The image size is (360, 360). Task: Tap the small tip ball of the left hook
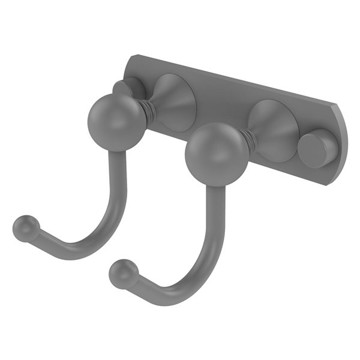pos(24,228)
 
